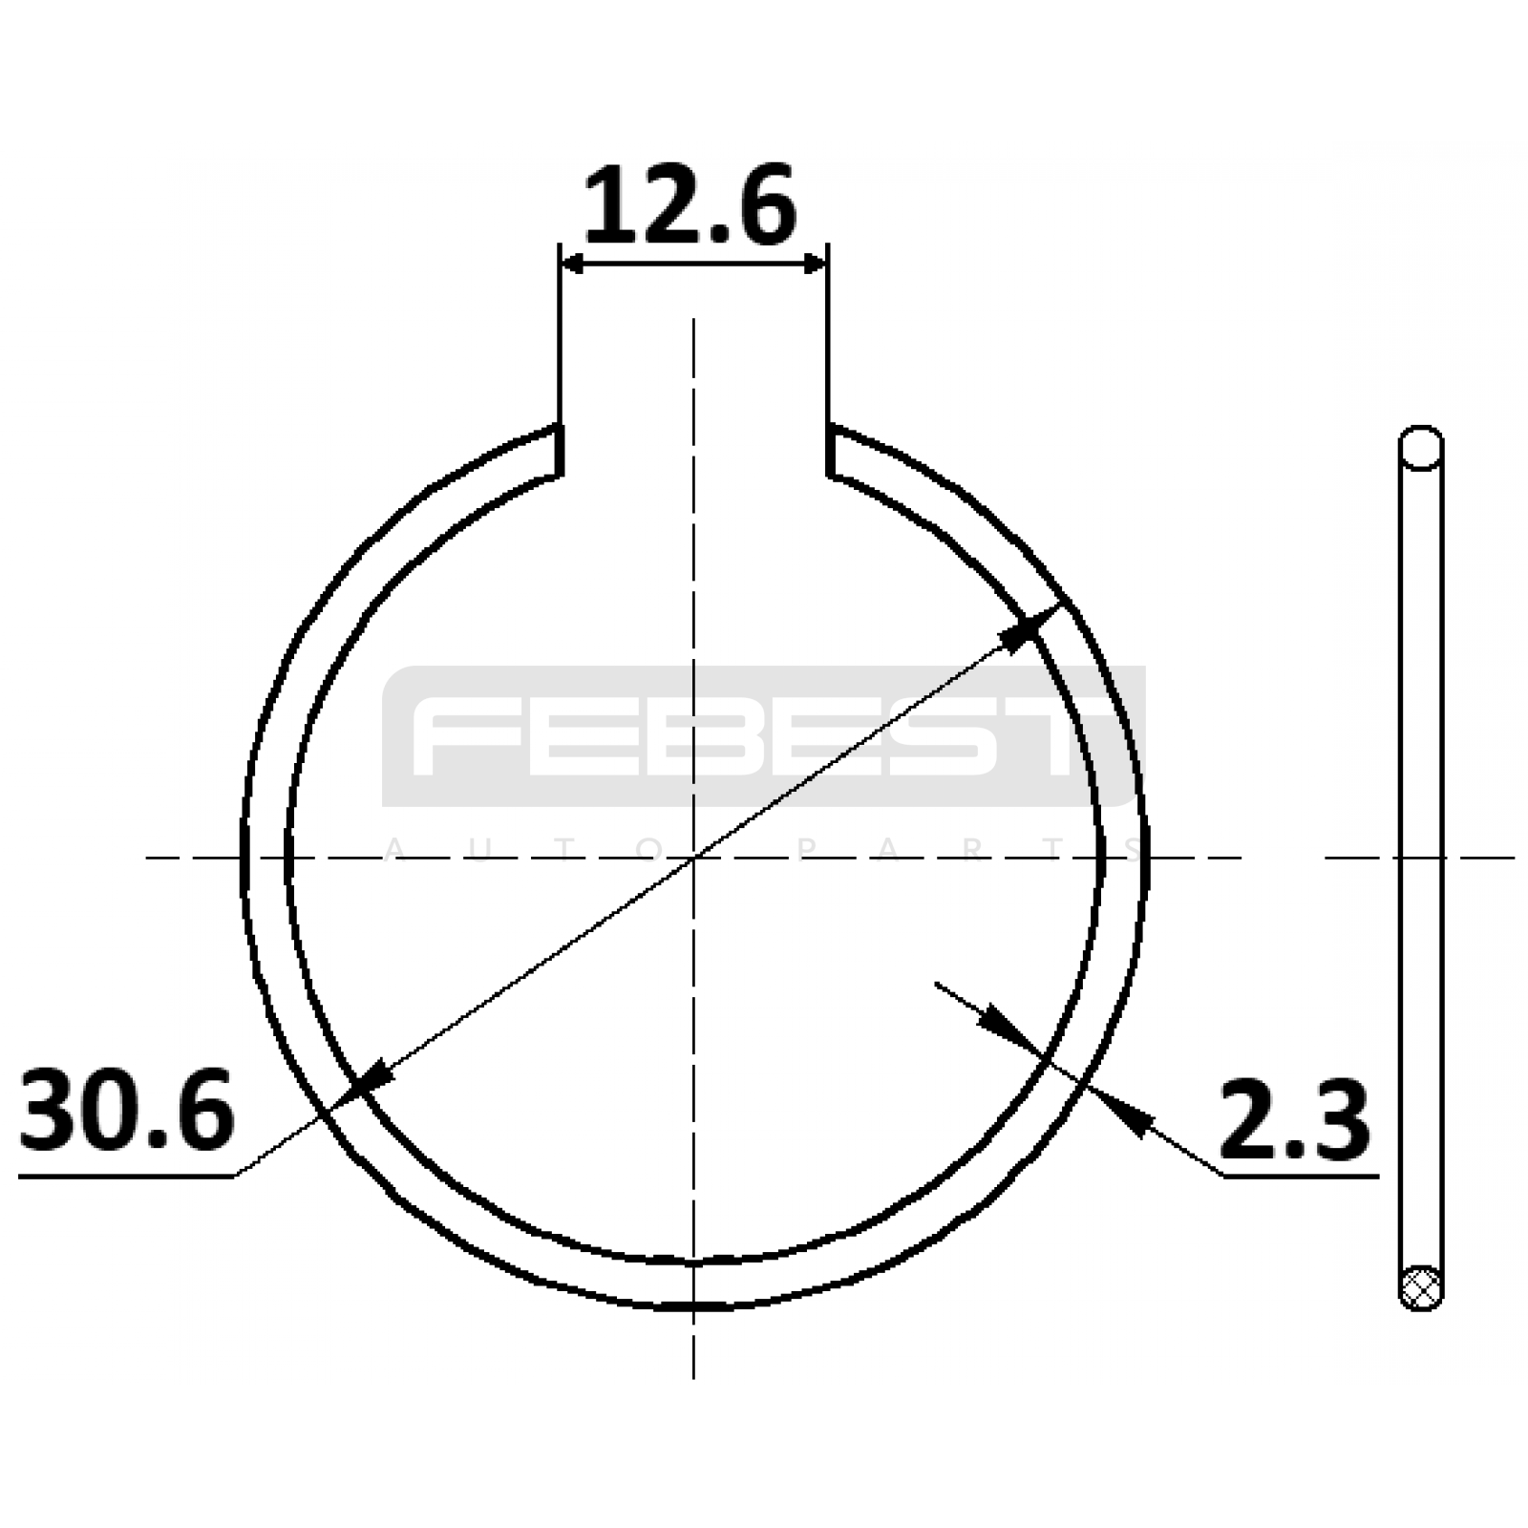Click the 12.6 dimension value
pos(690,203)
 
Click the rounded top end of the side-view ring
pos(1421,447)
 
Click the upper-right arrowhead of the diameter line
pos(1029,627)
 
